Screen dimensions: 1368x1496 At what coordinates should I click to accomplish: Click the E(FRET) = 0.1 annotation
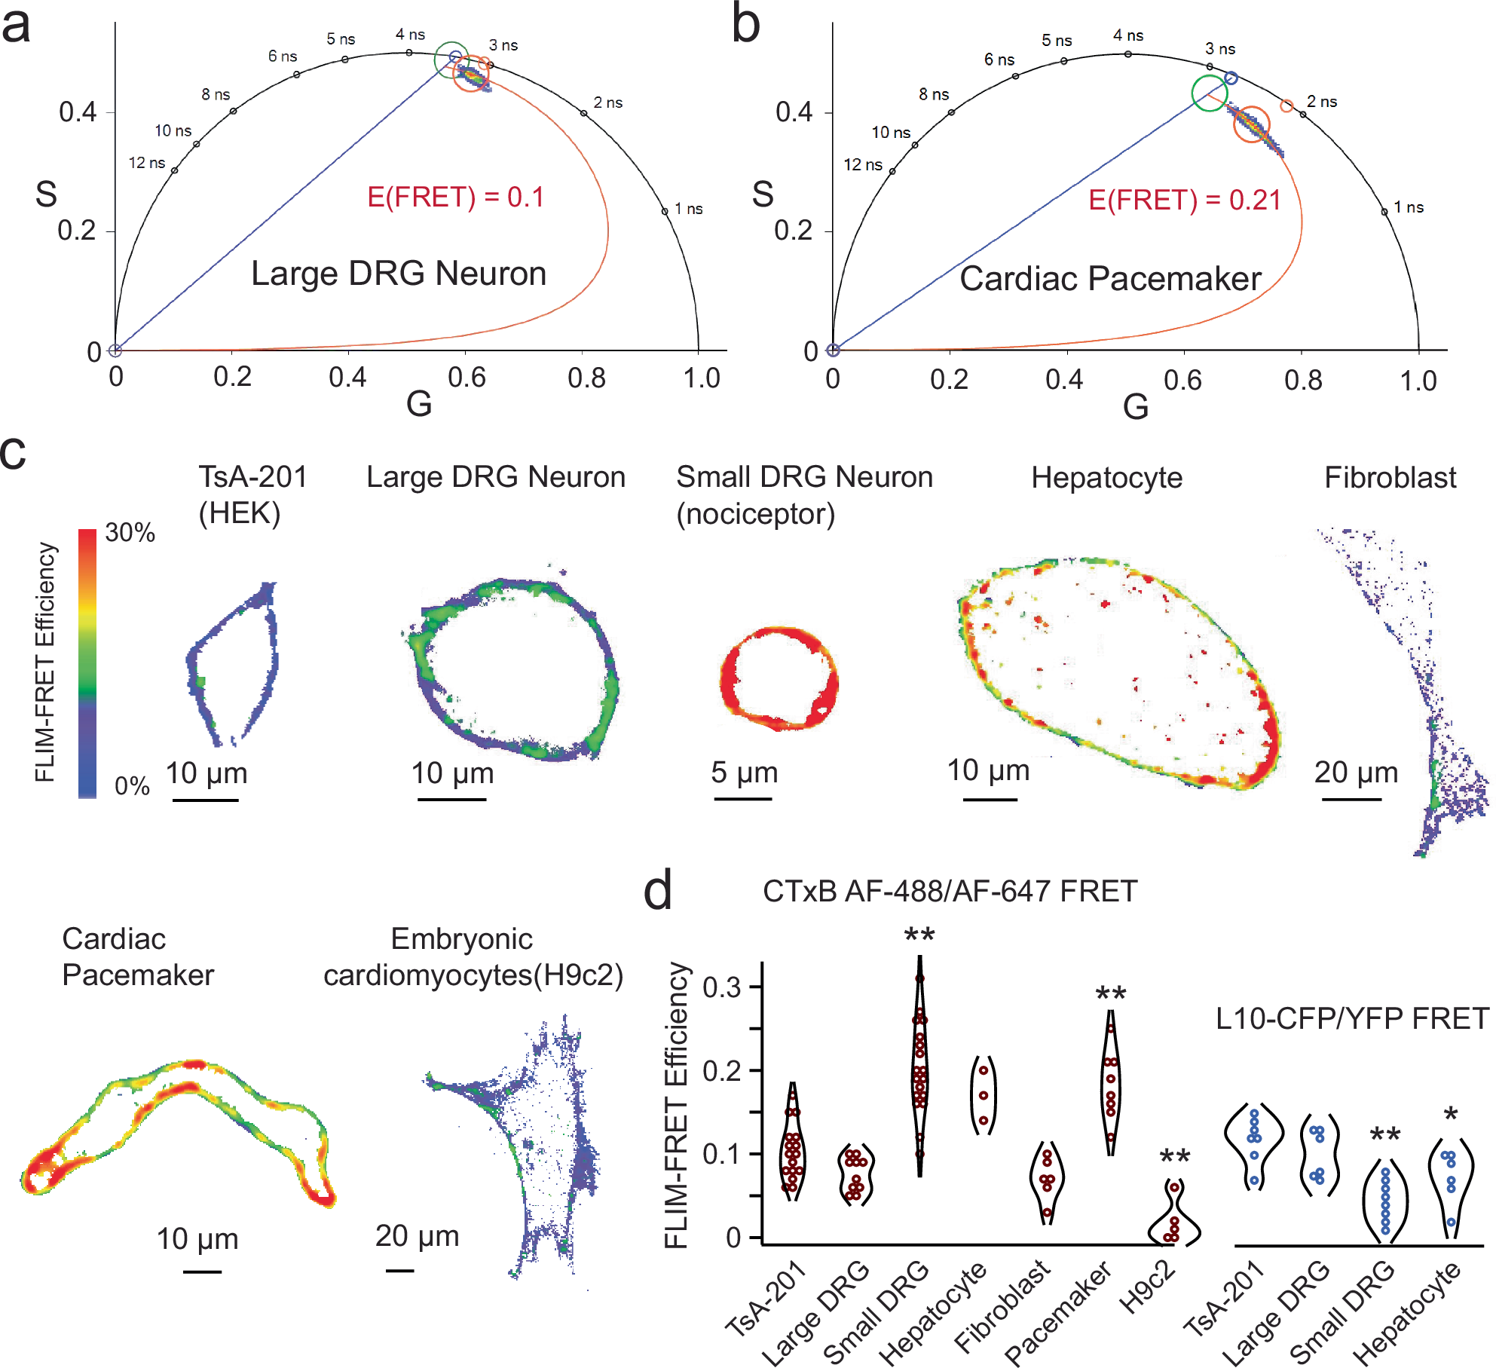(x=455, y=197)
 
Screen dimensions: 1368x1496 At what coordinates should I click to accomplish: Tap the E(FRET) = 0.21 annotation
(x=1185, y=200)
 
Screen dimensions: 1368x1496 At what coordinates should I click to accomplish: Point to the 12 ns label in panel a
(x=146, y=163)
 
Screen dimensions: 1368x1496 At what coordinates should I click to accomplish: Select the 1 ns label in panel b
(x=1408, y=207)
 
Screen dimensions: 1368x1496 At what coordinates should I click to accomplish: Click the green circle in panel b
(x=1210, y=93)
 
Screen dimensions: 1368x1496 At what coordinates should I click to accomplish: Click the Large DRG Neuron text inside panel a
(x=399, y=274)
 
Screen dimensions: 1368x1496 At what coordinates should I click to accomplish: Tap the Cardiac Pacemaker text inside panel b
(x=1110, y=279)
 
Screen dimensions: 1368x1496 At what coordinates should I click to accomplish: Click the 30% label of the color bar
(x=130, y=533)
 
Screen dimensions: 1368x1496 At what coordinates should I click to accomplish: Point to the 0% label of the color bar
(x=132, y=786)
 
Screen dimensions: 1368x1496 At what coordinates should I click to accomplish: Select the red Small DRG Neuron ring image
(x=779, y=678)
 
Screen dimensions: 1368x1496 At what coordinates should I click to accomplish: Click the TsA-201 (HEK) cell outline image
(x=232, y=663)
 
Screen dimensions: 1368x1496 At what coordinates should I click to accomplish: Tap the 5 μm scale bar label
(x=744, y=773)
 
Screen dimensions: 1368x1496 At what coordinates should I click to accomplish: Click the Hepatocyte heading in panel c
(x=1106, y=478)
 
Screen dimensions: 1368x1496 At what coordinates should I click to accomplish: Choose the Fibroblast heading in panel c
(x=1390, y=478)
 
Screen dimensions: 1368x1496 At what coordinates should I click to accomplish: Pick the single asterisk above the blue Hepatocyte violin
(x=1451, y=1115)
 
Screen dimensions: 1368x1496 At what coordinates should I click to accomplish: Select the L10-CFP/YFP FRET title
(x=1352, y=1019)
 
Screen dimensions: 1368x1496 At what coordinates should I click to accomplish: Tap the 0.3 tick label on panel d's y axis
(x=721, y=987)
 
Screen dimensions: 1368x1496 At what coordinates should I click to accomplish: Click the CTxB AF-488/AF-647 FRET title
(x=950, y=892)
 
